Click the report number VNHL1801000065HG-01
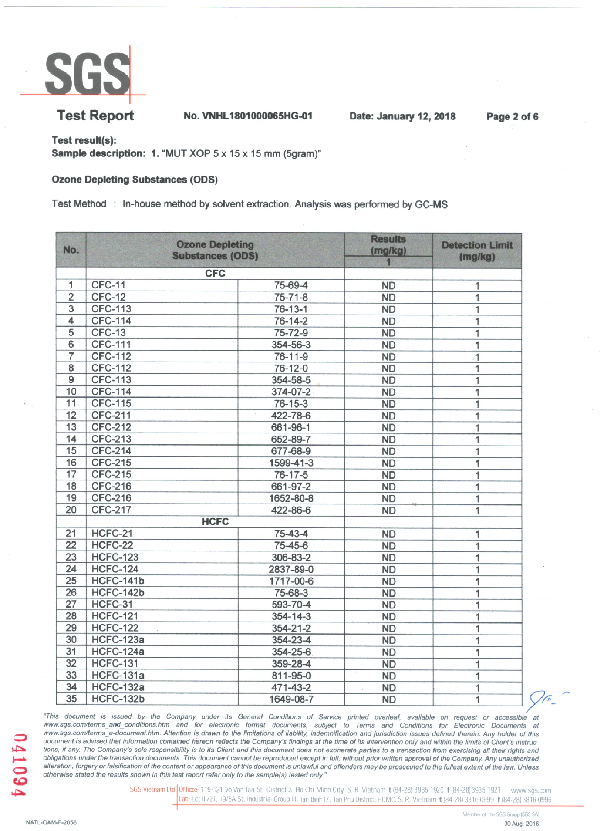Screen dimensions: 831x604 click(248, 116)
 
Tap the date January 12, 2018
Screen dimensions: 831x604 click(402, 117)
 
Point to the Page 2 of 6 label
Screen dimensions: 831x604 click(512, 117)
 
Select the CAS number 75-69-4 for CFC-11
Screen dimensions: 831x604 click(291, 285)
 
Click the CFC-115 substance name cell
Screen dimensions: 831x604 click(112, 403)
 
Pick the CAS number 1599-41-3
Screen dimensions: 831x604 click(291, 463)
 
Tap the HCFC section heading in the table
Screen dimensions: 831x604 click(215, 522)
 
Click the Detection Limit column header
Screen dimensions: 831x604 click(477, 250)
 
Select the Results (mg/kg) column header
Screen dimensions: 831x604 click(388, 245)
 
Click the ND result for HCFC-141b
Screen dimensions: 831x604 click(388, 582)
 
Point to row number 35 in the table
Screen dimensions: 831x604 click(71, 699)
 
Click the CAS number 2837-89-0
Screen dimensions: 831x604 click(291, 570)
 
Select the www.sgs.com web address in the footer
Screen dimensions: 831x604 click(531, 790)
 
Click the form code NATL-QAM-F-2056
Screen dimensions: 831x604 click(51, 822)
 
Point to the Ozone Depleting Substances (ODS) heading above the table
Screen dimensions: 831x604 click(135, 179)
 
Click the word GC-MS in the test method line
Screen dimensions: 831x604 click(431, 204)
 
